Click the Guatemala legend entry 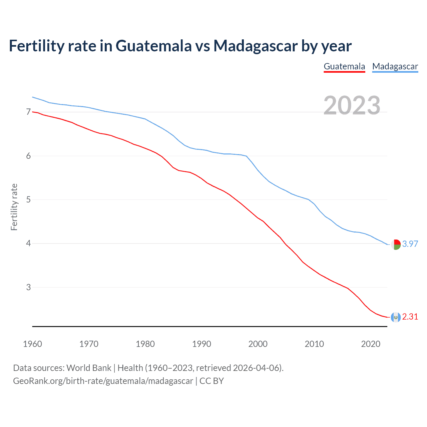(x=344, y=66)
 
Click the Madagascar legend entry (x=395, y=66)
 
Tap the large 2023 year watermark (x=352, y=105)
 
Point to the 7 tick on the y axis (x=28, y=112)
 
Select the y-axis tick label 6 (x=28, y=156)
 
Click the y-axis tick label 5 (x=28, y=200)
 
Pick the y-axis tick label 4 (x=28, y=244)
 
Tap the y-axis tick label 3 (x=28, y=287)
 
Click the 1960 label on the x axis (x=32, y=344)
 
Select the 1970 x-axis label (x=89, y=344)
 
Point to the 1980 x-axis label (x=145, y=344)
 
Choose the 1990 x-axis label (x=201, y=344)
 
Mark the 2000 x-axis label (x=258, y=344)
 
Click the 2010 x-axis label (x=314, y=344)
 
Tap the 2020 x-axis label (x=371, y=344)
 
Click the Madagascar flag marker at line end (x=396, y=245)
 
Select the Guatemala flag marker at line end (x=396, y=317)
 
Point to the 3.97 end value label (x=410, y=244)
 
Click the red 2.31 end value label (x=410, y=317)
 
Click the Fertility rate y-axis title (x=14, y=207)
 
